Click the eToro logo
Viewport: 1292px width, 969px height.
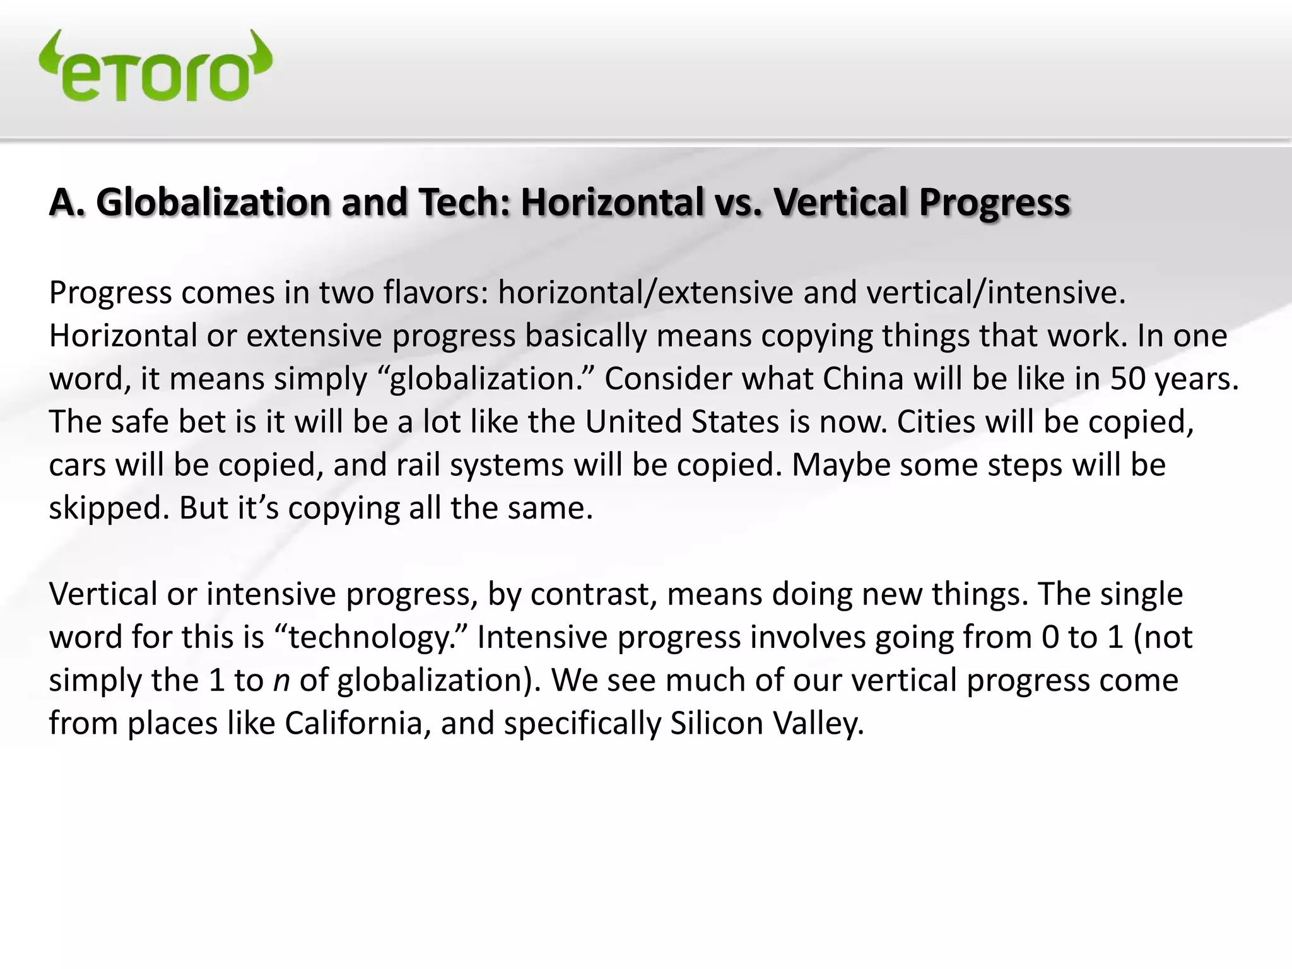coord(155,66)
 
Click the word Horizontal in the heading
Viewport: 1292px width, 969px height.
coord(611,202)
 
